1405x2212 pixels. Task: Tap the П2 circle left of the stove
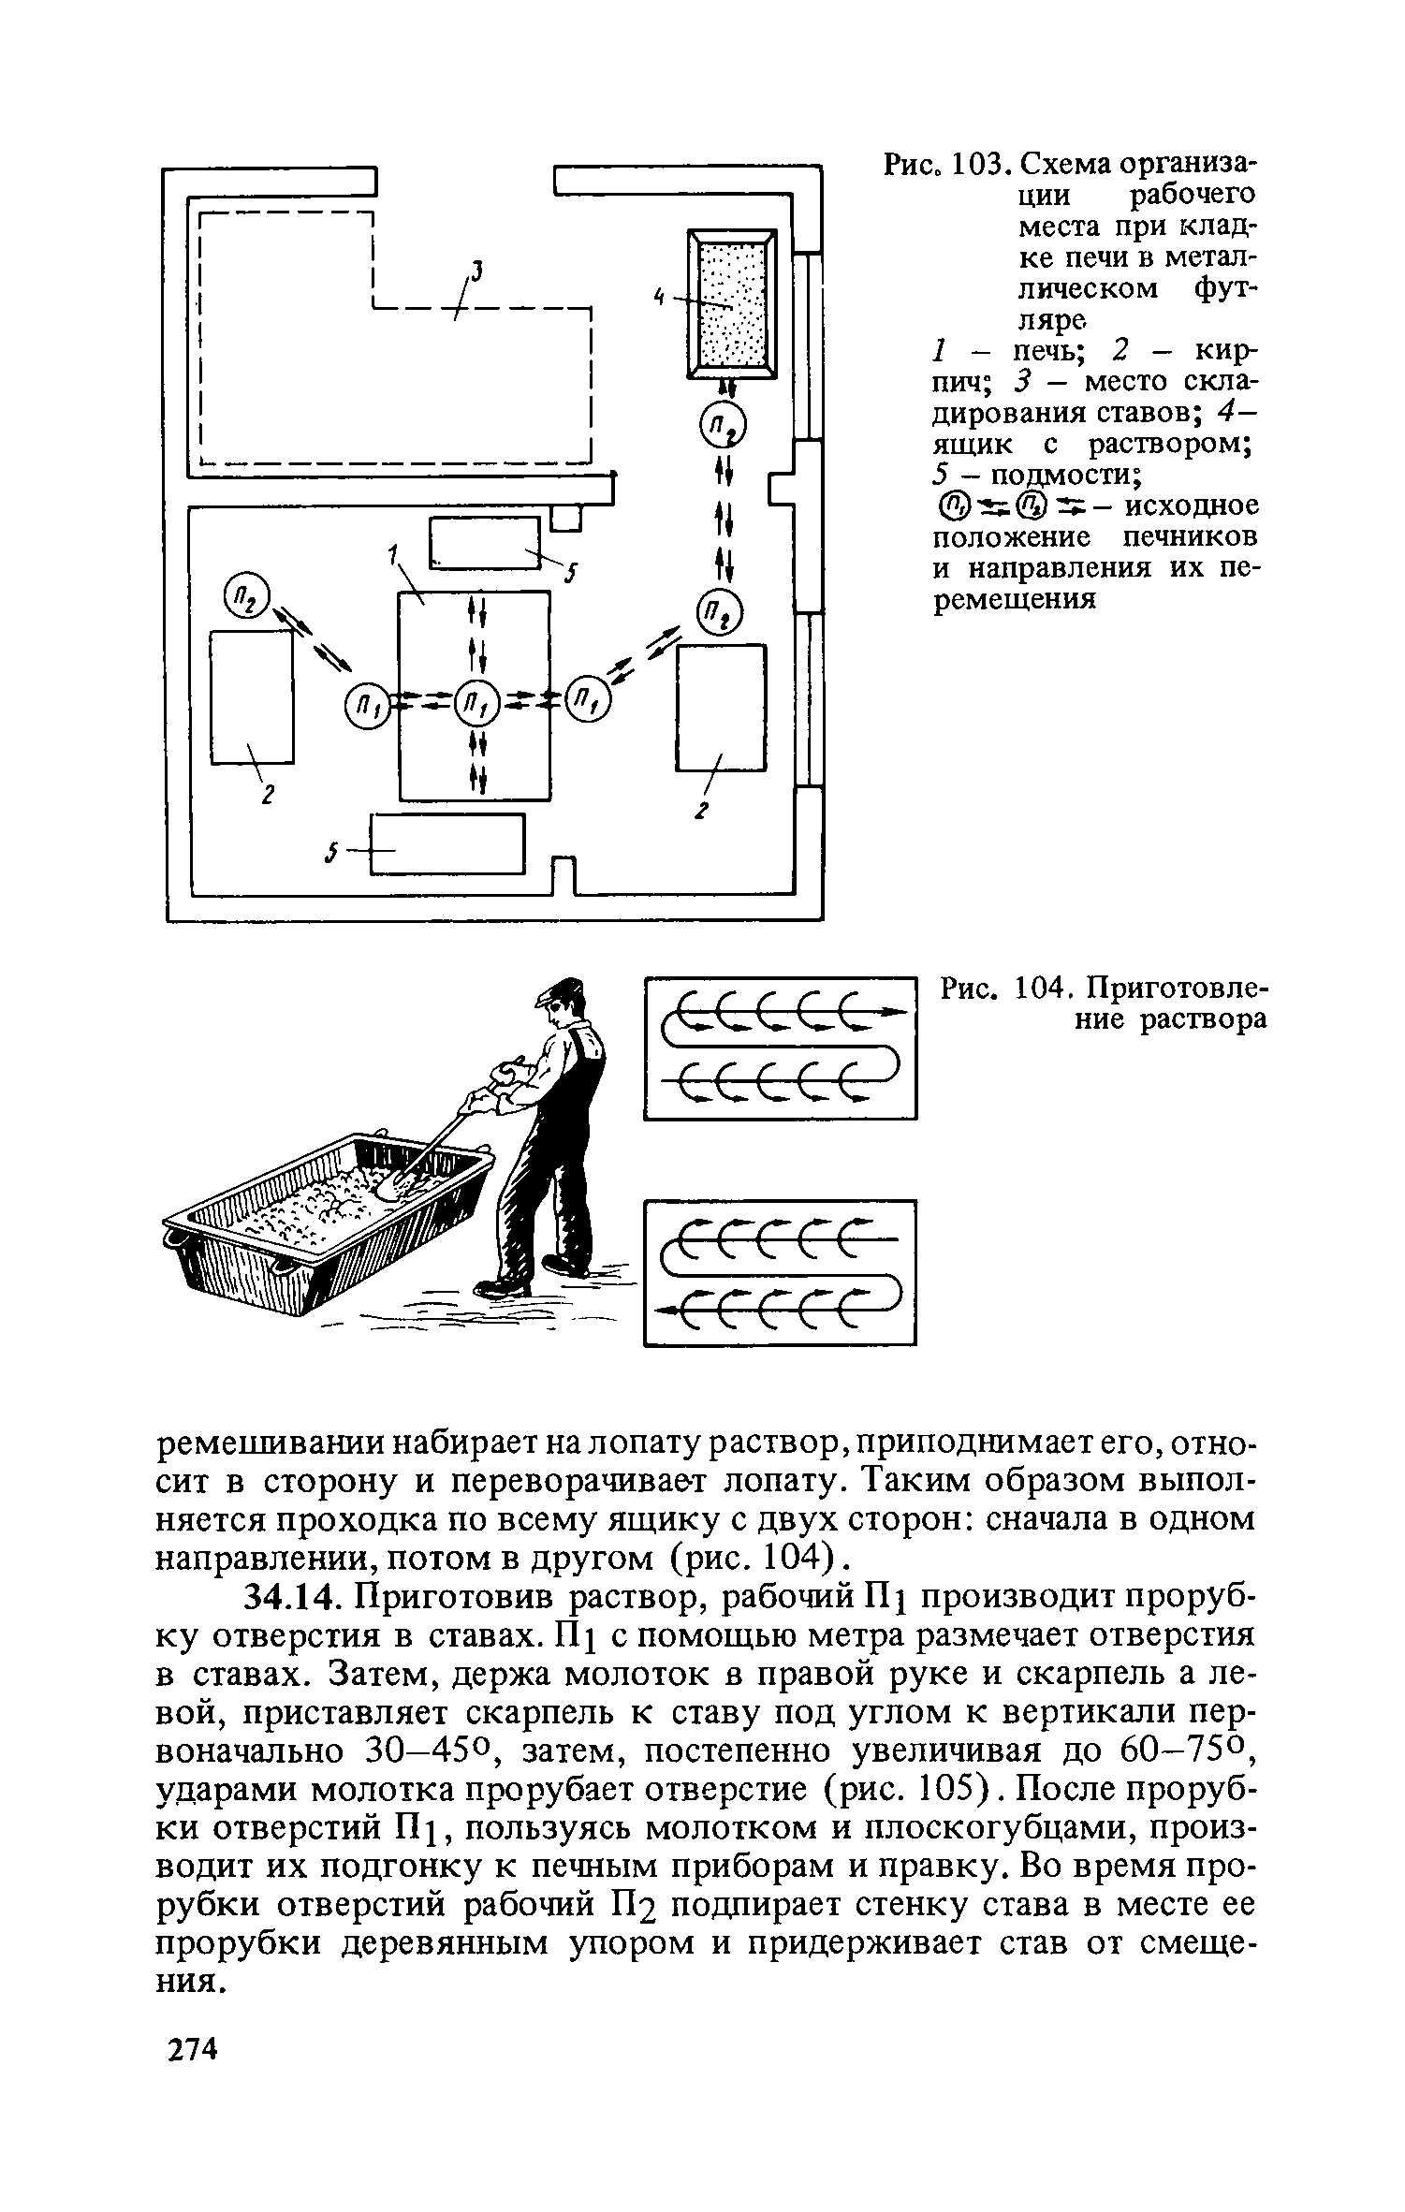[246, 595]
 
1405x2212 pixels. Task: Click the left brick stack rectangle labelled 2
[251, 696]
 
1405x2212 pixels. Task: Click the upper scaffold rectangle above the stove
[485, 543]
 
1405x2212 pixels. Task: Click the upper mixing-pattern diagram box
[780, 1047]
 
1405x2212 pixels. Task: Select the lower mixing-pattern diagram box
[780, 1272]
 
